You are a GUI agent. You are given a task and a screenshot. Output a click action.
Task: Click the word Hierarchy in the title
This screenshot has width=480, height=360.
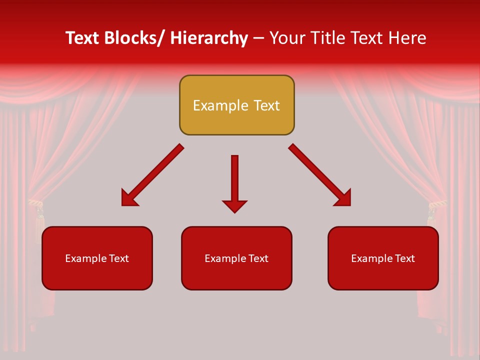(x=209, y=38)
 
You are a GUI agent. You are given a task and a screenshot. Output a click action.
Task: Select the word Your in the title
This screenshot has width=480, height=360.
(x=287, y=38)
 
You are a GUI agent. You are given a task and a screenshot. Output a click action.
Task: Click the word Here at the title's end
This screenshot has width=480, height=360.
(x=407, y=38)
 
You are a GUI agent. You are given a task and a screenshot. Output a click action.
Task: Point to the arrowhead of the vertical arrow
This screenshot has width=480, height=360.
(x=234, y=206)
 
